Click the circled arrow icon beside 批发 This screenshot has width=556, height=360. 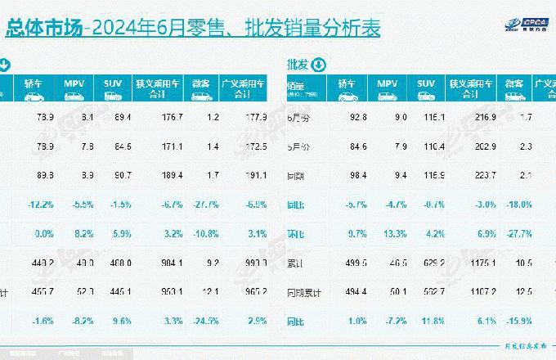coord(319,65)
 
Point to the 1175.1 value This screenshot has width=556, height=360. coord(469,263)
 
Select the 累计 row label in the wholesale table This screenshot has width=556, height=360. coord(295,263)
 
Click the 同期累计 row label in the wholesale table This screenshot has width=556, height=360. coord(302,292)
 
